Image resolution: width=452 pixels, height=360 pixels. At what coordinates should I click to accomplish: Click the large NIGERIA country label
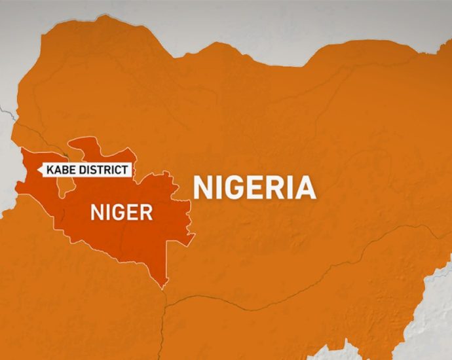[254, 188]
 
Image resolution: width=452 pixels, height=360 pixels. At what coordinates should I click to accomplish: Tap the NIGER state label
[121, 212]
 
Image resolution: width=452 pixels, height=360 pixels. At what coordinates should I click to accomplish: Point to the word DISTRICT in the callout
[102, 170]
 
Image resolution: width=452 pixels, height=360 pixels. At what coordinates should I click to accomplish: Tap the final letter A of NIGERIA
[305, 188]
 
